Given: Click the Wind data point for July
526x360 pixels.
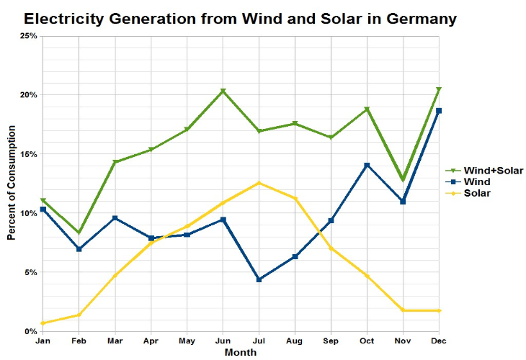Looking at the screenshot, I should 259,279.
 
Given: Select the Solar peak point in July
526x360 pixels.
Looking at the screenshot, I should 259,183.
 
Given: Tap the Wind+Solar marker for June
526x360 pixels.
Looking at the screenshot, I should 223,91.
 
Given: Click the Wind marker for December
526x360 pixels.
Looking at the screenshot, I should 440,111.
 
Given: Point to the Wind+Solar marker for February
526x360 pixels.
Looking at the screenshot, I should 79,233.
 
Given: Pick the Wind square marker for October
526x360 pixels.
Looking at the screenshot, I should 367,166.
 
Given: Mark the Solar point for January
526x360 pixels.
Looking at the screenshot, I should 43,323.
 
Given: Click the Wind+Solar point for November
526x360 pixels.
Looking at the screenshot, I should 404,180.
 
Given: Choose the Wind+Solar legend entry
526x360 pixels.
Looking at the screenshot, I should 494,171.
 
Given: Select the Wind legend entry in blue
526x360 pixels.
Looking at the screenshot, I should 477,182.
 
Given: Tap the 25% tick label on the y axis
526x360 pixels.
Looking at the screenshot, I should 27,36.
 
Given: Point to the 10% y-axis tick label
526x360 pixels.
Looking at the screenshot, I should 27,213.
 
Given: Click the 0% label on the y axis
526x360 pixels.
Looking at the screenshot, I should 30,332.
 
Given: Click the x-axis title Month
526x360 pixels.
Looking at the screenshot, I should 240,353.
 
